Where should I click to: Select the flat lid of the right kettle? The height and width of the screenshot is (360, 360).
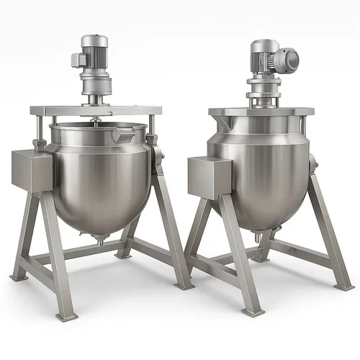(x=261, y=112)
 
